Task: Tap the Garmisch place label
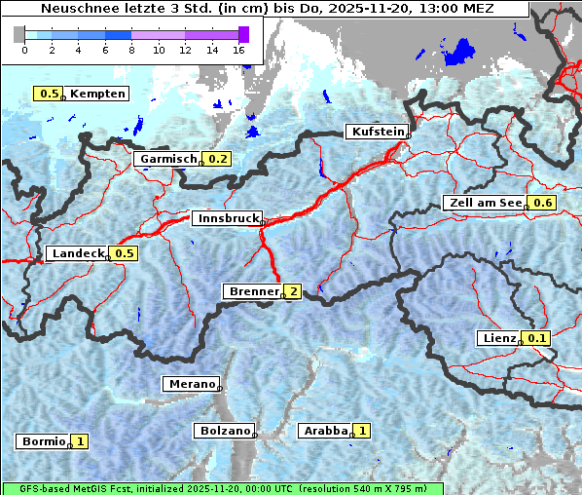[167, 159]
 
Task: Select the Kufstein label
[376, 132]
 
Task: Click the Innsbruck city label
[226, 219]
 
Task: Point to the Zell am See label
[483, 203]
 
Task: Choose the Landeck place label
[77, 253]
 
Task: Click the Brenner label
[252, 291]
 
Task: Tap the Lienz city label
[498, 338]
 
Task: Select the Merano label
[191, 384]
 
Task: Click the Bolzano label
[224, 430]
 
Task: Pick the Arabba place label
[324, 430]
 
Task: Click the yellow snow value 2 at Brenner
[293, 291]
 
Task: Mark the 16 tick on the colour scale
[239, 49]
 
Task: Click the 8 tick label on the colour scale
[131, 49]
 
